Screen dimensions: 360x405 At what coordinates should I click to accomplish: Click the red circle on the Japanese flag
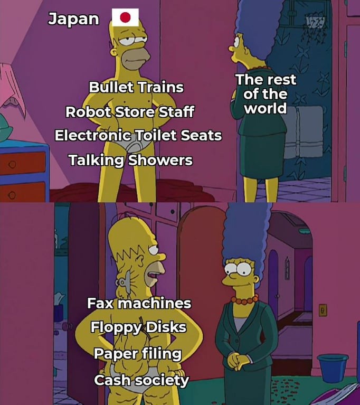[126, 17]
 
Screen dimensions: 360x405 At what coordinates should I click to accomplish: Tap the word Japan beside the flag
[73, 19]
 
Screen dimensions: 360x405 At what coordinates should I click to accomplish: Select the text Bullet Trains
[136, 87]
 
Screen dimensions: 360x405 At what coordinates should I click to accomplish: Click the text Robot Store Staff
[130, 112]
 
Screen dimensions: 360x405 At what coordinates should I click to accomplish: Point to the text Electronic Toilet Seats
[138, 135]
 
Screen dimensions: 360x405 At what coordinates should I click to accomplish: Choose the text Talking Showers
[131, 160]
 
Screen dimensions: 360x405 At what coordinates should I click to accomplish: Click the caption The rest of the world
[266, 94]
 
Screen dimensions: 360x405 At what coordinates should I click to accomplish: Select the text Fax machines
[139, 303]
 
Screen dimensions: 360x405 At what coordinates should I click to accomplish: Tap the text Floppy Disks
[138, 327]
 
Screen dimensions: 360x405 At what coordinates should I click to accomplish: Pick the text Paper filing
[138, 354]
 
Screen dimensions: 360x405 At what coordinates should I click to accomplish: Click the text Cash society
[141, 380]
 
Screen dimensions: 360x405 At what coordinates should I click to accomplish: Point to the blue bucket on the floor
[333, 368]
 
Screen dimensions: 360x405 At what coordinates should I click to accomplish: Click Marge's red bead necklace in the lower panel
[244, 300]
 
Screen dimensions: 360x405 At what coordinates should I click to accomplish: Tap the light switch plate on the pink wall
[323, 310]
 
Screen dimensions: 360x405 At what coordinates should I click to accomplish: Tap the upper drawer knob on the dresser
[12, 164]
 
